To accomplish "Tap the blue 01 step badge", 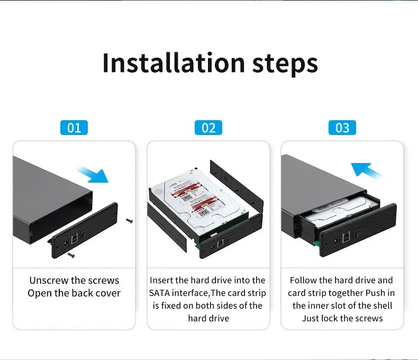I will tap(74, 128).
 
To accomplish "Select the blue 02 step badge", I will tap(208, 128).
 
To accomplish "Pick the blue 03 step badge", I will tap(342, 128).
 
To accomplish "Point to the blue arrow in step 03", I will tap(366, 170).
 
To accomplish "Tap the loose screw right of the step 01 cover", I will tap(129, 221).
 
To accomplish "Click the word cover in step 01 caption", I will tap(107, 293).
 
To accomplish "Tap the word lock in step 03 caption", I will tap(329, 318).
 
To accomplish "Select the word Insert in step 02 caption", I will tap(161, 280).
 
